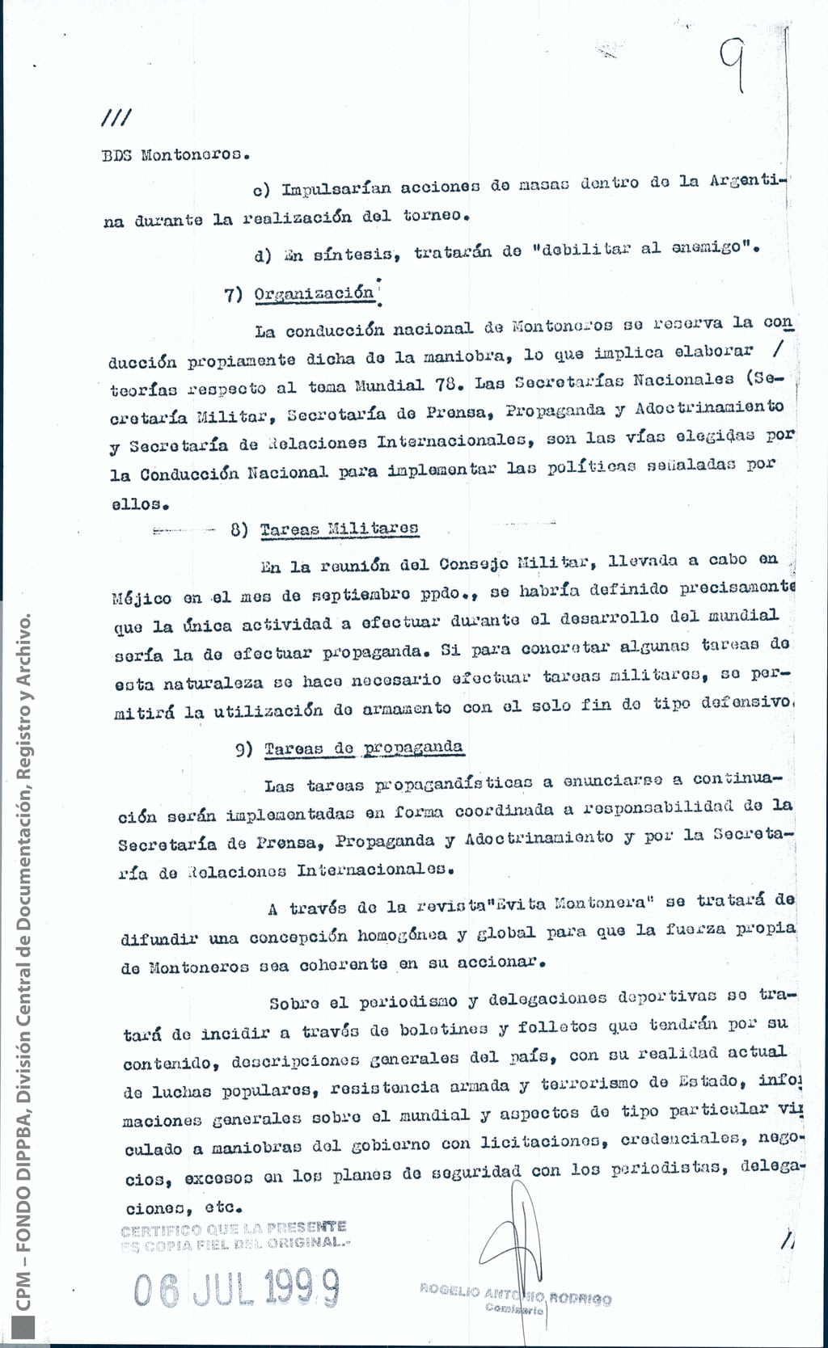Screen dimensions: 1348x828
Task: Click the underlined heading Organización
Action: coord(314,293)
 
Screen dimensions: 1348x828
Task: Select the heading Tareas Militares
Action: coord(339,529)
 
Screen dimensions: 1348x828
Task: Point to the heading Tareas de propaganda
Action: coord(363,748)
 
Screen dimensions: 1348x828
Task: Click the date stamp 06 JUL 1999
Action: coord(236,1287)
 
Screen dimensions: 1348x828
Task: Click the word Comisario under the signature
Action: coord(514,1309)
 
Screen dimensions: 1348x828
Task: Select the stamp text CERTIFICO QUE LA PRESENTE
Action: coord(233,1230)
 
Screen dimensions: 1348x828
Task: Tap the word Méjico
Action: coord(142,598)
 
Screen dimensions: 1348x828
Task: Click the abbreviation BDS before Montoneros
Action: coord(116,155)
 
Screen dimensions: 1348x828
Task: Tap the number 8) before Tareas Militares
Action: coord(240,530)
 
